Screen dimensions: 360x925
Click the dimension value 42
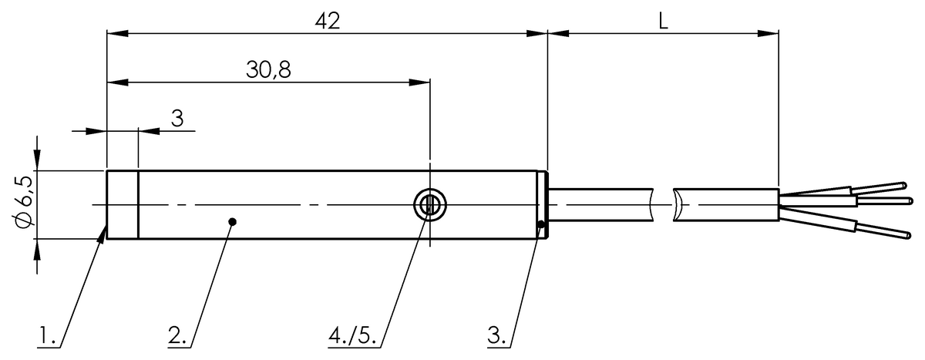(x=327, y=21)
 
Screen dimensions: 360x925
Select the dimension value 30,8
(x=268, y=69)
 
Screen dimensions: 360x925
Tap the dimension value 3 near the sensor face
(x=177, y=118)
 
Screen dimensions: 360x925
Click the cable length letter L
(x=663, y=21)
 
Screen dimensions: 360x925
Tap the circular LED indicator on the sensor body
(x=429, y=205)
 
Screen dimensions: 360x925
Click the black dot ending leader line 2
(x=233, y=222)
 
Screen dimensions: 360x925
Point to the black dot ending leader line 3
(x=542, y=225)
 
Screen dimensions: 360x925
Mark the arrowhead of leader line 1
(x=103, y=232)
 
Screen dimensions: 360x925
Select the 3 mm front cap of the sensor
(x=122, y=205)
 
